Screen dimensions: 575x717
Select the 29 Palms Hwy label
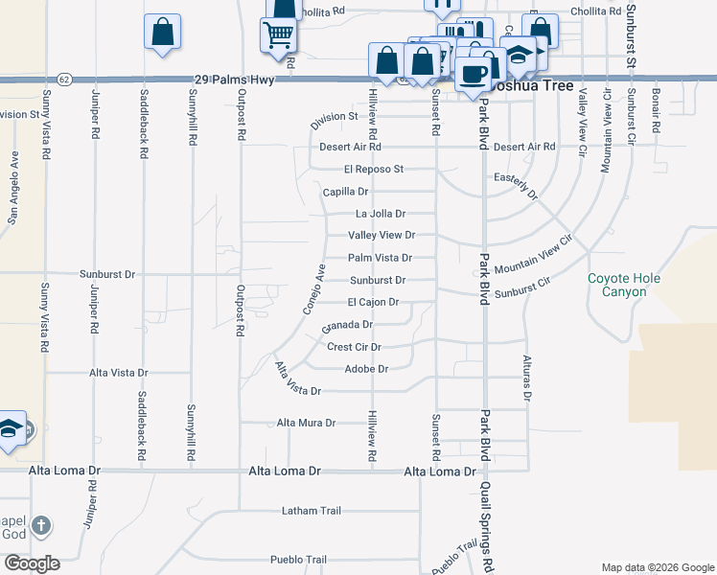[234, 80]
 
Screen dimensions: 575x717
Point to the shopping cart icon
[278, 35]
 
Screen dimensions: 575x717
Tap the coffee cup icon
[474, 73]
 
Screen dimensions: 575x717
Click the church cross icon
[39, 525]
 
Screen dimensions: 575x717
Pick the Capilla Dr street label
[345, 192]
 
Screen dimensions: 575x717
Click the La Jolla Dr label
[381, 214]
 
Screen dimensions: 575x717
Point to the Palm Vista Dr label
[380, 258]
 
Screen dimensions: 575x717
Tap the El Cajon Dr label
[373, 303]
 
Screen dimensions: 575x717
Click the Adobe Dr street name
[366, 369]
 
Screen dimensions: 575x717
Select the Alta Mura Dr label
[306, 423]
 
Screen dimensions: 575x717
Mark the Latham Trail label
[312, 511]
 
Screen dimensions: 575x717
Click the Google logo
[32, 563]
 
